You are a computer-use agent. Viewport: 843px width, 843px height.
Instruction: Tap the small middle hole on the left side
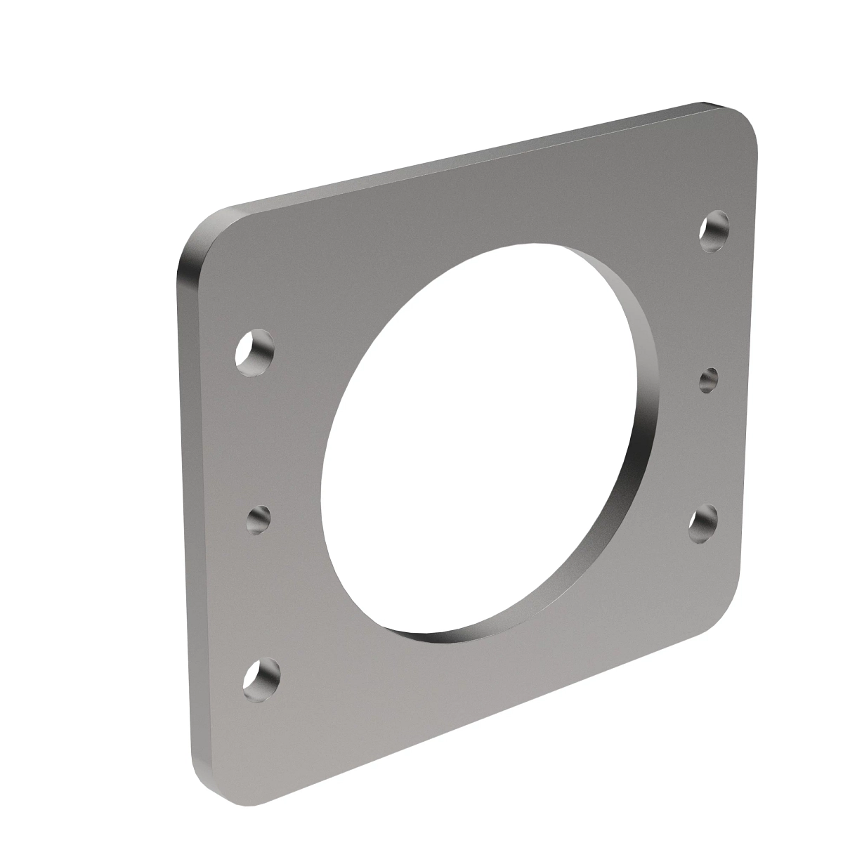[259, 519]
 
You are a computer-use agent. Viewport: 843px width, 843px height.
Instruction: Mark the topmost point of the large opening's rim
[541, 245]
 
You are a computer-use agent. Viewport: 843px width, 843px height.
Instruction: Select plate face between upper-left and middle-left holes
[256, 436]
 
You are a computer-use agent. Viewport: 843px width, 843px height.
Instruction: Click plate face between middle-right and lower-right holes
[706, 450]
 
